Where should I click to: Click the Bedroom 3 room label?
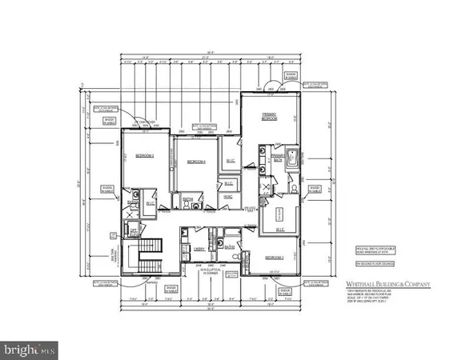point(145,155)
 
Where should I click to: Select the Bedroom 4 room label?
point(197,162)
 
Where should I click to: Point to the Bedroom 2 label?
point(275,258)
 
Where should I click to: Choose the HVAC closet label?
point(229,197)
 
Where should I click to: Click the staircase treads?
point(150,262)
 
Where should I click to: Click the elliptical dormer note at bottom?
point(210,272)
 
